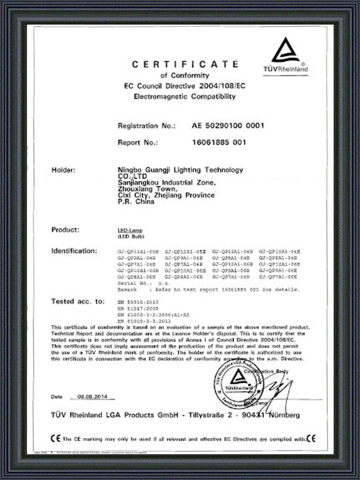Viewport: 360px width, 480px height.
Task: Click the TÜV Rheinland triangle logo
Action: click(x=285, y=51)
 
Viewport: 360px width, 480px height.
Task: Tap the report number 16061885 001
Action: click(x=219, y=143)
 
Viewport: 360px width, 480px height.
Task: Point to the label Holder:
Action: click(x=64, y=170)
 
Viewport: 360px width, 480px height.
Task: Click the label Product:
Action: click(x=65, y=230)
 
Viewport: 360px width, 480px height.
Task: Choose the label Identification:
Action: click(x=74, y=250)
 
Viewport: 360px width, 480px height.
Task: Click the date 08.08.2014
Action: click(x=92, y=397)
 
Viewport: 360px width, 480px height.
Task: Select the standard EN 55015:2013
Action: click(x=134, y=299)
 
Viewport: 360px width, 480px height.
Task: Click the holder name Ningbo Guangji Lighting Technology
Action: click(x=181, y=170)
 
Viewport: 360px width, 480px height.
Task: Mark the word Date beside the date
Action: click(x=57, y=397)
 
